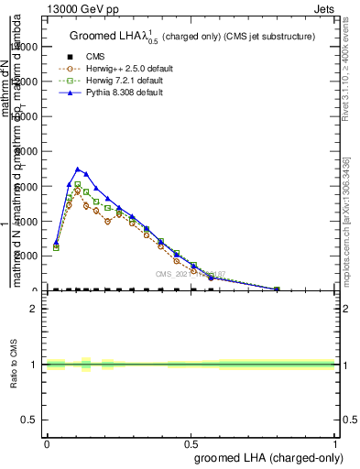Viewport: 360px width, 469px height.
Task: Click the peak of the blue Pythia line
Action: point(78,169)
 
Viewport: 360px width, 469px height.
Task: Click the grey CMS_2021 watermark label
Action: point(187,273)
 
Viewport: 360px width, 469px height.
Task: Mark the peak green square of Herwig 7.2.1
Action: point(78,185)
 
